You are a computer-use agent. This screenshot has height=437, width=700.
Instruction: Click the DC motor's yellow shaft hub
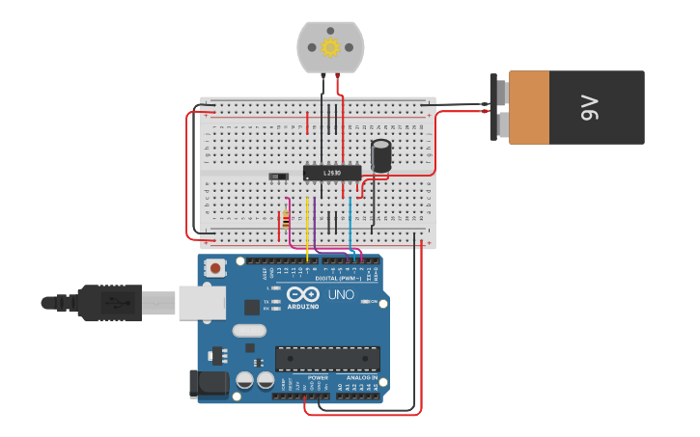tap(330, 47)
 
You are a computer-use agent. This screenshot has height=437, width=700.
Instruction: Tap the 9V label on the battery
tap(590, 107)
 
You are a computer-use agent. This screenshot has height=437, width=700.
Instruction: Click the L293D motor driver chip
tap(332, 173)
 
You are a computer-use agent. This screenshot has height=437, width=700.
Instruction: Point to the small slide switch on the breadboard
tap(278, 177)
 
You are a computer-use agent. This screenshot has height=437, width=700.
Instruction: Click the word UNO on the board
tap(341, 294)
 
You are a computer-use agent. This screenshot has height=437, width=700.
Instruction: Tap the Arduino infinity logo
tap(302, 294)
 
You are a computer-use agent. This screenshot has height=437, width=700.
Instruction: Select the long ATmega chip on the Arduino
tap(327, 359)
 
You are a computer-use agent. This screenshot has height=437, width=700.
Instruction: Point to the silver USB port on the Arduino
tap(202, 302)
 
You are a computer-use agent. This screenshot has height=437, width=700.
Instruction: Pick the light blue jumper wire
tap(350, 227)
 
